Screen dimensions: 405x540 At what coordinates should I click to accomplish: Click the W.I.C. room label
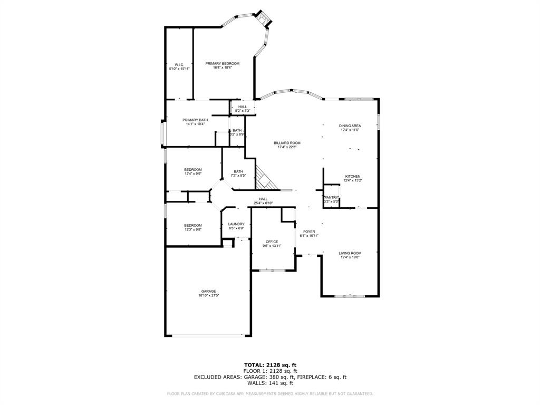(179, 64)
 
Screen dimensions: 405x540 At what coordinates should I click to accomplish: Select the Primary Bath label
(195, 120)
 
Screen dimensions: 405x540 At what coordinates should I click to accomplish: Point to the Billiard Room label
(287, 143)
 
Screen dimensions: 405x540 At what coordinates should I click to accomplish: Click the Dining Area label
(350, 126)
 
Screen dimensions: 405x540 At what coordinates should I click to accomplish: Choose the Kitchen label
(352, 176)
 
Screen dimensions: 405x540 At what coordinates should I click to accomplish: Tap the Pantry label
(331, 197)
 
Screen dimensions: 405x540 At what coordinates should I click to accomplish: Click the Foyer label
(309, 232)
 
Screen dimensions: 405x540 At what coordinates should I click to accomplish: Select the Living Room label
(350, 253)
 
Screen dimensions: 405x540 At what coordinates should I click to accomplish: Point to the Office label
(272, 242)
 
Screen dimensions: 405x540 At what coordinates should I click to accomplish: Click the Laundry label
(236, 224)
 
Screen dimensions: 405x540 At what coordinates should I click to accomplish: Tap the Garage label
(208, 291)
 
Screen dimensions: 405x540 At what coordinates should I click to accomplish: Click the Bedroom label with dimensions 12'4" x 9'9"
(193, 169)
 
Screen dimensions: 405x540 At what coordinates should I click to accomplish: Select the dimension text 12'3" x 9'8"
(193, 229)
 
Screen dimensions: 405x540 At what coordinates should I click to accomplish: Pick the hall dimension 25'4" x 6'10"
(263, 203)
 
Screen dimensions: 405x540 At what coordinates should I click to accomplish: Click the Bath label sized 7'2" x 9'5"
(238, 171)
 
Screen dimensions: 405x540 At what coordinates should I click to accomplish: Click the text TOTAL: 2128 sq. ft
(270, 365)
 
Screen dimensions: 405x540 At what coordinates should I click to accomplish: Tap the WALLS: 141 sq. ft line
(270, 383)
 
